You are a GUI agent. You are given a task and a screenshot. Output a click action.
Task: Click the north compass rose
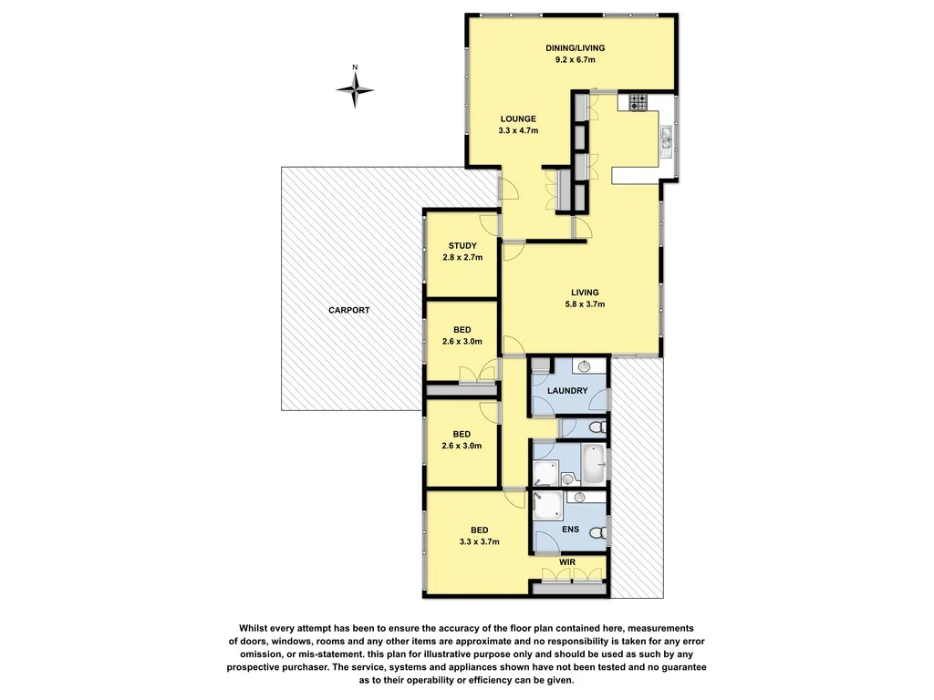(x=356, y=87)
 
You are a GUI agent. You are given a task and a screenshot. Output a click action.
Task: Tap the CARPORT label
(x=349, y=311)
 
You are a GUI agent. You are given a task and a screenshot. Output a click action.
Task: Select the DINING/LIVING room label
(x=575, y=48)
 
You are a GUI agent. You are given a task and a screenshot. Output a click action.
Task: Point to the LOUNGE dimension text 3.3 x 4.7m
(x=518, y=131)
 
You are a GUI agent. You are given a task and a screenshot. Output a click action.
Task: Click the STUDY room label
(x=462, y=246)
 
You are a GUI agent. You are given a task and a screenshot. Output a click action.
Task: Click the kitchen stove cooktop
(x=637, y=102)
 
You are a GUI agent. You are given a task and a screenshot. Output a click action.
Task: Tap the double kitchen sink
(x=668, y=138)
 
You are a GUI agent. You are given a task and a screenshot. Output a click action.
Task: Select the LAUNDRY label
(x=566, y=392)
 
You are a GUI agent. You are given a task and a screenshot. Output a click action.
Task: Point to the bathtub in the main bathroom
(x=594, y=464)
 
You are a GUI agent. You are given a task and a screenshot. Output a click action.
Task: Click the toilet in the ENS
(x=597, y=534)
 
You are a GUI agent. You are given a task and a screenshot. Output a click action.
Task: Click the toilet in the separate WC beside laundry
(x=597, y=427)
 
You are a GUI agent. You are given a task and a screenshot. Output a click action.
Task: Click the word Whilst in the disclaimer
(x=257, y=628)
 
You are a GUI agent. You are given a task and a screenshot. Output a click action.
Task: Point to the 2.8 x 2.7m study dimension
(x=462, y=258)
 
